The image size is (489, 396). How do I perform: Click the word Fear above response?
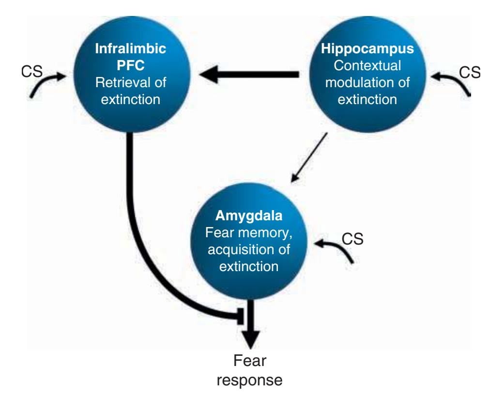coord(250,361)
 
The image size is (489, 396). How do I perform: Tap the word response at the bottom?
coord(250,380)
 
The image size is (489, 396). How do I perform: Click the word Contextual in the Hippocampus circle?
coord(367,66)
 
